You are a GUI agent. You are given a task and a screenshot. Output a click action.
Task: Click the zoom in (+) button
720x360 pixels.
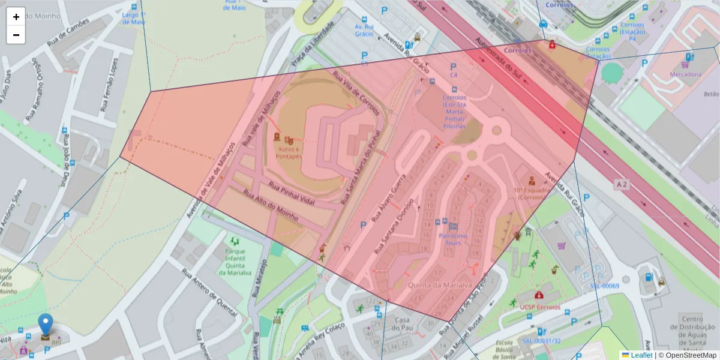tap(16, 17)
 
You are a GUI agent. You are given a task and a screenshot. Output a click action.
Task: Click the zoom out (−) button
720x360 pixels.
tap(16, 35)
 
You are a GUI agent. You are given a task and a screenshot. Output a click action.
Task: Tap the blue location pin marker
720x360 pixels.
tap(46, 325)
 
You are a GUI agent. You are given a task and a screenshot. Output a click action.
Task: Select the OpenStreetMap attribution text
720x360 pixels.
tap(690, 355)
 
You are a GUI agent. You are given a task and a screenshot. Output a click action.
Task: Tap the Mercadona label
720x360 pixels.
tap(685, 74)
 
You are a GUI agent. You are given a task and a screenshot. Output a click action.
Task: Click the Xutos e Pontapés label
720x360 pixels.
tap(289, 152)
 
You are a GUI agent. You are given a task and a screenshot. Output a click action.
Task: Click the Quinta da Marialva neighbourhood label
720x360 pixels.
tap(440, 285)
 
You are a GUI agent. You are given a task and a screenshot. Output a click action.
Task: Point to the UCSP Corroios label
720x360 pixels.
tap(540, 307)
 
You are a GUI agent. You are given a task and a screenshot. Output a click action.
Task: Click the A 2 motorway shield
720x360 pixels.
tap(622, 185)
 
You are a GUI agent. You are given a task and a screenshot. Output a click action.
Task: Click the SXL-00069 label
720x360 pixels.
tap(604, 286)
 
